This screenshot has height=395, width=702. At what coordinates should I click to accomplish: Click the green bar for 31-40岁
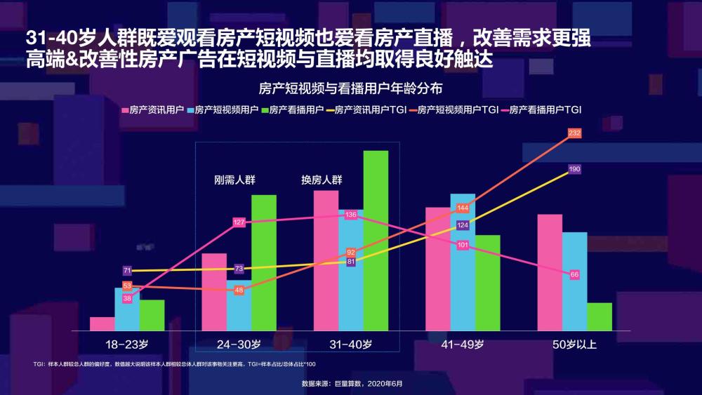tap(376, 241)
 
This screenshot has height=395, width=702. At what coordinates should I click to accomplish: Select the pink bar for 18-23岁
tap(102, 324)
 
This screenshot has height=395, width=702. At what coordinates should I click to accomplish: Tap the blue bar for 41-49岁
tap(463, 262)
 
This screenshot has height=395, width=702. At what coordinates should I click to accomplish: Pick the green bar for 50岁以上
tap(599, 316)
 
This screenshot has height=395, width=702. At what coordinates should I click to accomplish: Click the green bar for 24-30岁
tap(264, 263)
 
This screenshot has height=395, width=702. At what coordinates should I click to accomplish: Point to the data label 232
tap(574, 133)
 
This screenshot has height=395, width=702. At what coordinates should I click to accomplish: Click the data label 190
tap(574, 169)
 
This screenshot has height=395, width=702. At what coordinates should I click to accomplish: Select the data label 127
tap(239, 222)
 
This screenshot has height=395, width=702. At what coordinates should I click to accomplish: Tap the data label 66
tap(574, 274)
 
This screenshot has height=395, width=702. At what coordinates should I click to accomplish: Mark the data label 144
tap(463, 208)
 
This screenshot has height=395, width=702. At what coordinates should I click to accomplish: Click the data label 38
tap(127, 298)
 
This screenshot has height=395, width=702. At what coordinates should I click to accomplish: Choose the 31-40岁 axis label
tap(350, 344)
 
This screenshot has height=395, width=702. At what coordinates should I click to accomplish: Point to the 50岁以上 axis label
tap(574, 344)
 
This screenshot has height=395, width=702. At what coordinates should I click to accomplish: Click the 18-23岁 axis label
tap(126, 344)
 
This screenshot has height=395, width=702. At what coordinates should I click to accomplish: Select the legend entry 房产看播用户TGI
tap(541, 109)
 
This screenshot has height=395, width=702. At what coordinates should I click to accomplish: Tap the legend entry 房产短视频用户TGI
tap(453, 109)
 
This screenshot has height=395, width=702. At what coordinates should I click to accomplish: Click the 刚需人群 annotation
tap(234, 180)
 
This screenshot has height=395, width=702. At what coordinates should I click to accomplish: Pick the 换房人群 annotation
tap(322, 180)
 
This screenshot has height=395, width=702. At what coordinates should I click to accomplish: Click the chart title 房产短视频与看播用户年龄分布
tap(350, 88)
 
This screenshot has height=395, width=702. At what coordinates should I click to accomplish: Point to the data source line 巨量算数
tap(352, 384)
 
